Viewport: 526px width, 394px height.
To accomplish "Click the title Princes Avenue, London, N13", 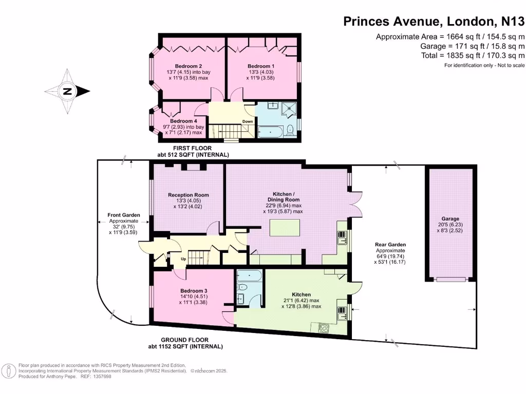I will [x=434, y=22].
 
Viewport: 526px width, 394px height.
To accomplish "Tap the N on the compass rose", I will [x=67, y=92].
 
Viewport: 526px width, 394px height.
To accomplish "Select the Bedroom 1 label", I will [x=261, y=66].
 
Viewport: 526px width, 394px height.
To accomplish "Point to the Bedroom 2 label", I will [x=187, y=66].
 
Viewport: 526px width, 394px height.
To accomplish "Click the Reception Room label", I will [x=189, y=195].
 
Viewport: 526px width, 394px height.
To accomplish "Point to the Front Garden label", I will [x=123, y=215].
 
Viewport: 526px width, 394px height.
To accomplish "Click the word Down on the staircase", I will [x=248, y=122].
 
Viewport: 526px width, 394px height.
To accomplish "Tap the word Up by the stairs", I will [x=182, y=259].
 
